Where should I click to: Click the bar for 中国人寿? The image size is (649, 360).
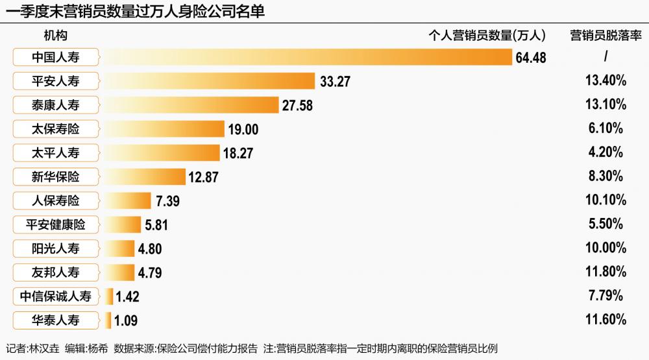click(x=308, y=57)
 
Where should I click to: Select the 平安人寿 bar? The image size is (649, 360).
click(x=210, y=81)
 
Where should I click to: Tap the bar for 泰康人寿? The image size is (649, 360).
click(x=191, y=105)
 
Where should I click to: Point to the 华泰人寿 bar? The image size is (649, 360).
click(x=108, y=320)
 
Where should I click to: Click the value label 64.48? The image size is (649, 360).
click(x=531, y=58)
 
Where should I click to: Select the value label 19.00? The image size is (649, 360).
click(x=243, y=130)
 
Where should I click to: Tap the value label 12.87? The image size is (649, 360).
click(x=203, y=177)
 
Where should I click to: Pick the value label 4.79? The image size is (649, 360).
click(x=150, y=272)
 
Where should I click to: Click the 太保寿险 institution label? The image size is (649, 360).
click(x=55, y=129)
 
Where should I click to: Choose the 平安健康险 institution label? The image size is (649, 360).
click(x=55, y=224)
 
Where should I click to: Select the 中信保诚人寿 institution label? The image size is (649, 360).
click(x=55, y=296)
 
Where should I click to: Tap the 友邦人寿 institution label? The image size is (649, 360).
click(x=55, y=272)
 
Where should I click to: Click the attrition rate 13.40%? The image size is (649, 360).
click(x=606, y=80)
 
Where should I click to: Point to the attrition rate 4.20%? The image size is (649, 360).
click(x=606, y=152)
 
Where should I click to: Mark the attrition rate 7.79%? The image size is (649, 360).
click(x=606, y=295)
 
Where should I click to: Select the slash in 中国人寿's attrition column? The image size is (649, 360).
click(x=606, y=56)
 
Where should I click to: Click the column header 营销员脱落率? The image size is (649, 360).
click(x=606, y=36)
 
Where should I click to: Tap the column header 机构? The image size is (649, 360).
click(x=55, y=36)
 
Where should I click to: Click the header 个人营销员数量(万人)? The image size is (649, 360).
click(x=487, y=36)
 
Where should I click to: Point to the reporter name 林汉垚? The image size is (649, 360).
click(x=44, y=348)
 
